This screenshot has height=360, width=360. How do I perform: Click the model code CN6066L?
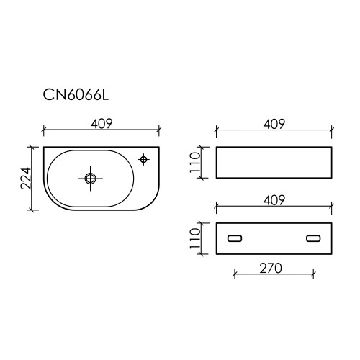pyautogui.click(x=76, y=95)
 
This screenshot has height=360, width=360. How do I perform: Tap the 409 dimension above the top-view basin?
pyautogui.click(x=102, y=124)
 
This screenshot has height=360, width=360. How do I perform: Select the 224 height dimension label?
pyautogui.click(x=26, y=179)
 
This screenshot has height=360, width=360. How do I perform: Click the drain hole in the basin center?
pyautogui.click(x=90, y=179)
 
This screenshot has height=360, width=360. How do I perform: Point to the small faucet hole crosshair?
pyautogui.click(x=143, y=159)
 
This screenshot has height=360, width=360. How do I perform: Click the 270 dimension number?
pyautogui.click(x=271, y=269)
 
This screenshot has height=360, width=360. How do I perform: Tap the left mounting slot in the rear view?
pyautogui.click(x=235, y=238)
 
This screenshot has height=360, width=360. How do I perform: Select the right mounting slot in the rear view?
pyautogui.click(x=313, y=238)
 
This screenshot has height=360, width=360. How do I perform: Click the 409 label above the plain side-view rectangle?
pyautogui.click(x=274, y=124)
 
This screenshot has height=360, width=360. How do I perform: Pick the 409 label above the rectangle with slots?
pyautogui.click(x=274, y=200)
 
